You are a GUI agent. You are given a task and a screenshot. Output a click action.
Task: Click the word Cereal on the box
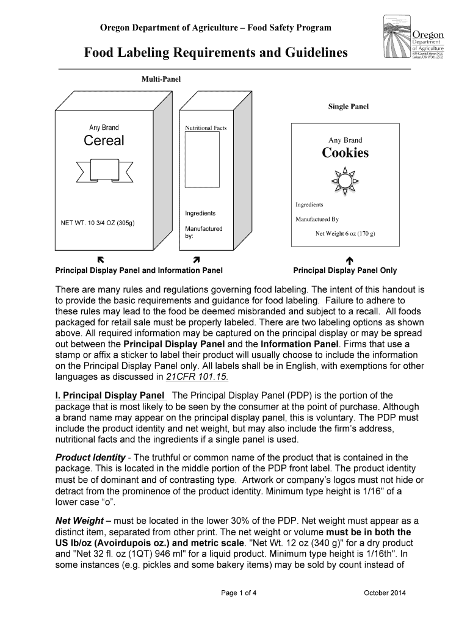(x=104, y=141)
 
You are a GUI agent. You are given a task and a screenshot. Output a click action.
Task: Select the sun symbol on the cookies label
(x=345, y=181)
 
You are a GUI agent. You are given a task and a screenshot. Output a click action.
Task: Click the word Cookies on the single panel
(x=345, y=153)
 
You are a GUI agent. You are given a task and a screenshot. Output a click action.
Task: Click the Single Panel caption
(x=348, y=107)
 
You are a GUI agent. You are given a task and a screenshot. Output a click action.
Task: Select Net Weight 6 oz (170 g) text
(x=345, y=234)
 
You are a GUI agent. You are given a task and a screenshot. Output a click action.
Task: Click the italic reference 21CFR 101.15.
(x=197, y=377)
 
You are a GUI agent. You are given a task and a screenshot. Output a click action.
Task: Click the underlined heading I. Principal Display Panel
(x=110, y=395)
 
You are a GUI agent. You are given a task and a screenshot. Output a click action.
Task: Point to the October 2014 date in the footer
(x=384, y=593)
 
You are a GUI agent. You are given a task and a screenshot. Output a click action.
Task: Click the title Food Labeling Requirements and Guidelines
(x=216, y=54)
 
